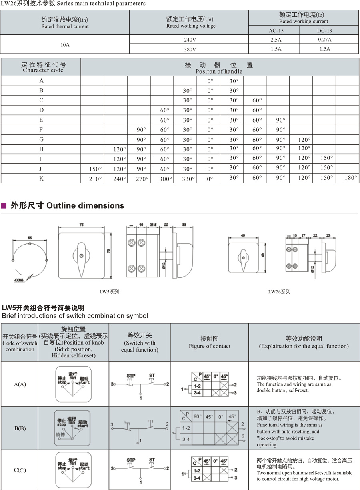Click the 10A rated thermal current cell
point(65,44)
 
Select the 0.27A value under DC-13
point(325,40)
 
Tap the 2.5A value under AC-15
point(274,40)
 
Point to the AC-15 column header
point(274,30)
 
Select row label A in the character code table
point(41,81)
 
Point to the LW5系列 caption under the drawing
point(109,292)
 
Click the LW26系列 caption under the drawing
point(279,292)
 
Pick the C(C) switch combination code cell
point(20,470)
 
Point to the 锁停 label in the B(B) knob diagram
point(60,434)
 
